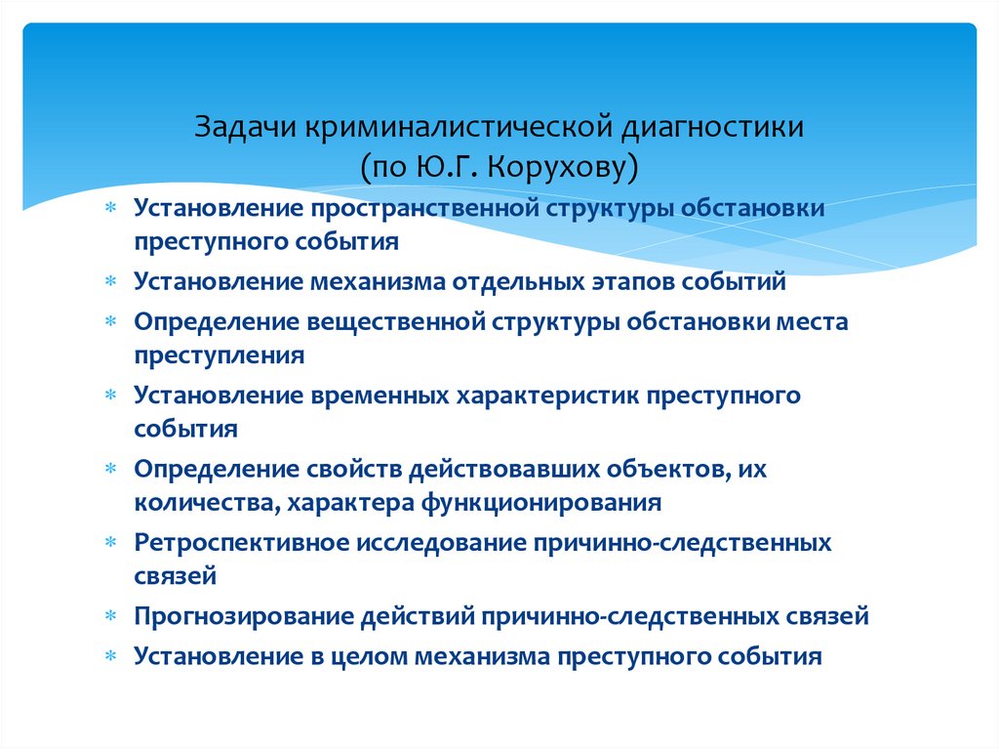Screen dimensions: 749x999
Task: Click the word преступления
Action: [x=220, y=355]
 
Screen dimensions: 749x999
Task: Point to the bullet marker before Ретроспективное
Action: [x=113, y=543]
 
